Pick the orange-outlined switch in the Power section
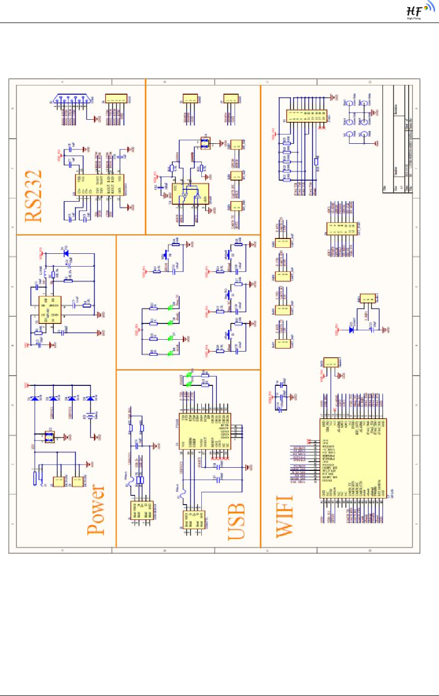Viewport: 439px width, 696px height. [x=50, y=437]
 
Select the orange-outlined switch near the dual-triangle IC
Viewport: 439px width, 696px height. [x=205, y=143]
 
